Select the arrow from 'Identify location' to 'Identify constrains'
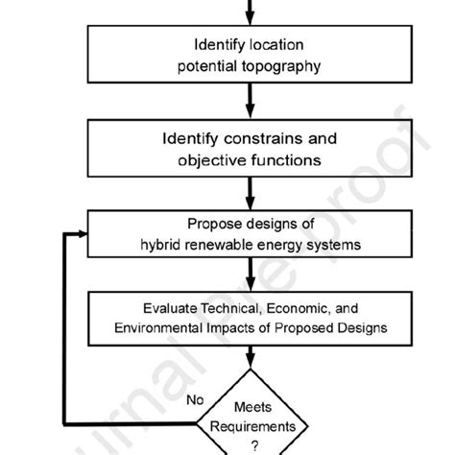(249, 100)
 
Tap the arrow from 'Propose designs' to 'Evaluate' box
(249, 277)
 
